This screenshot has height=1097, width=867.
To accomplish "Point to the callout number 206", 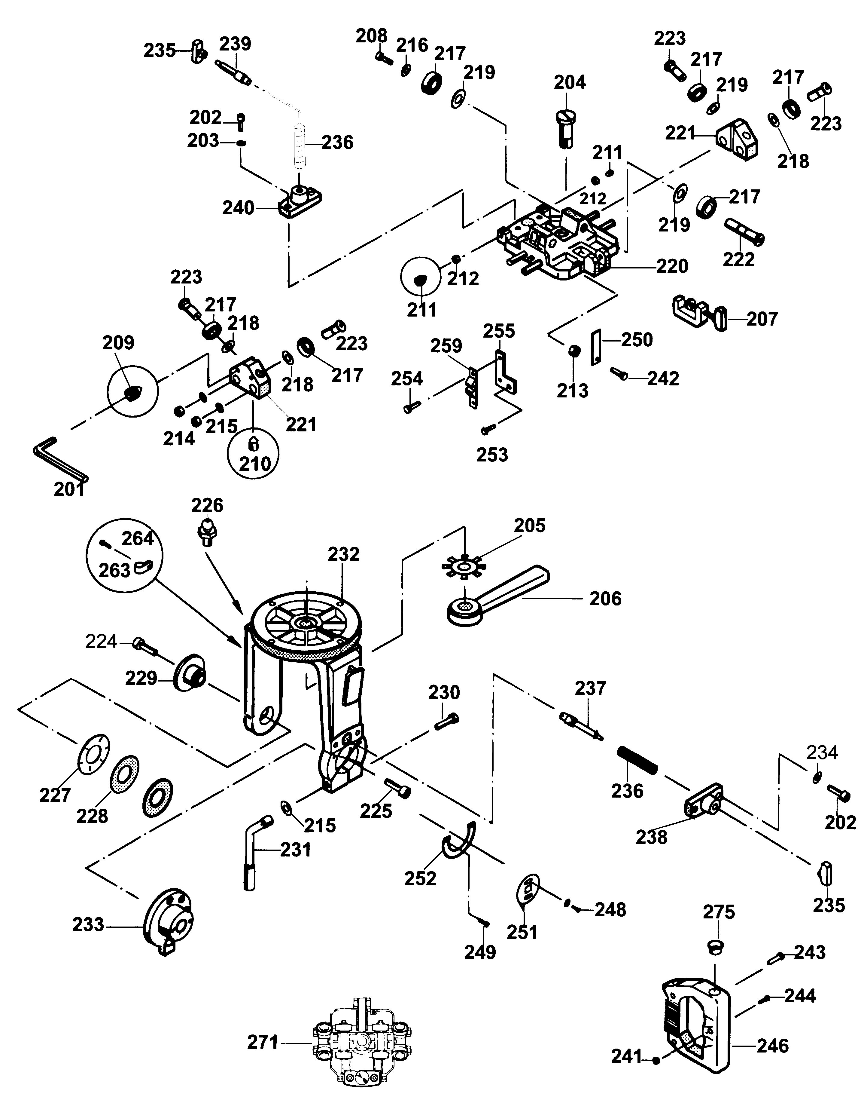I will click(605, 599).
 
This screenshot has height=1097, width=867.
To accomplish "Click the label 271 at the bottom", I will click(263, 1043).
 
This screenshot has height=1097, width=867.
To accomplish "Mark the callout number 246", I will click(773, 1046).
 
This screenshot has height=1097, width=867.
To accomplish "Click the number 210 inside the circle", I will click(255, 463).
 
